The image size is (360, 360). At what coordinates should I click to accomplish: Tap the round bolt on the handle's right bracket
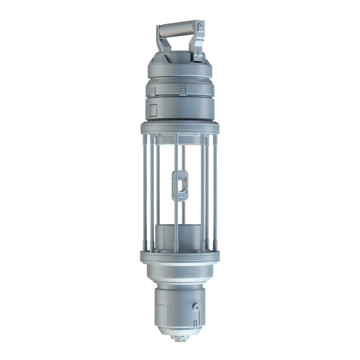coord(200,26)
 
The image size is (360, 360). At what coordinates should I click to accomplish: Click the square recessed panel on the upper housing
coord(154,110)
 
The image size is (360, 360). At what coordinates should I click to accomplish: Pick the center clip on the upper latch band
coord(182,91)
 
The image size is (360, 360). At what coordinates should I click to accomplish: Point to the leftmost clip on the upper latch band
coord(153,92)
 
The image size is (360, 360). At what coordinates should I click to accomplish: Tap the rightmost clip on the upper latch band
coord(212,92)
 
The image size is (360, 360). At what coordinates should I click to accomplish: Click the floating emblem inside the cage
coord(180,185)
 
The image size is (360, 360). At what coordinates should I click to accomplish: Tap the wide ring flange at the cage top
coord(180,128)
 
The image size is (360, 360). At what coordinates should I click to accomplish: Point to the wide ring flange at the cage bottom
coord(180,257)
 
